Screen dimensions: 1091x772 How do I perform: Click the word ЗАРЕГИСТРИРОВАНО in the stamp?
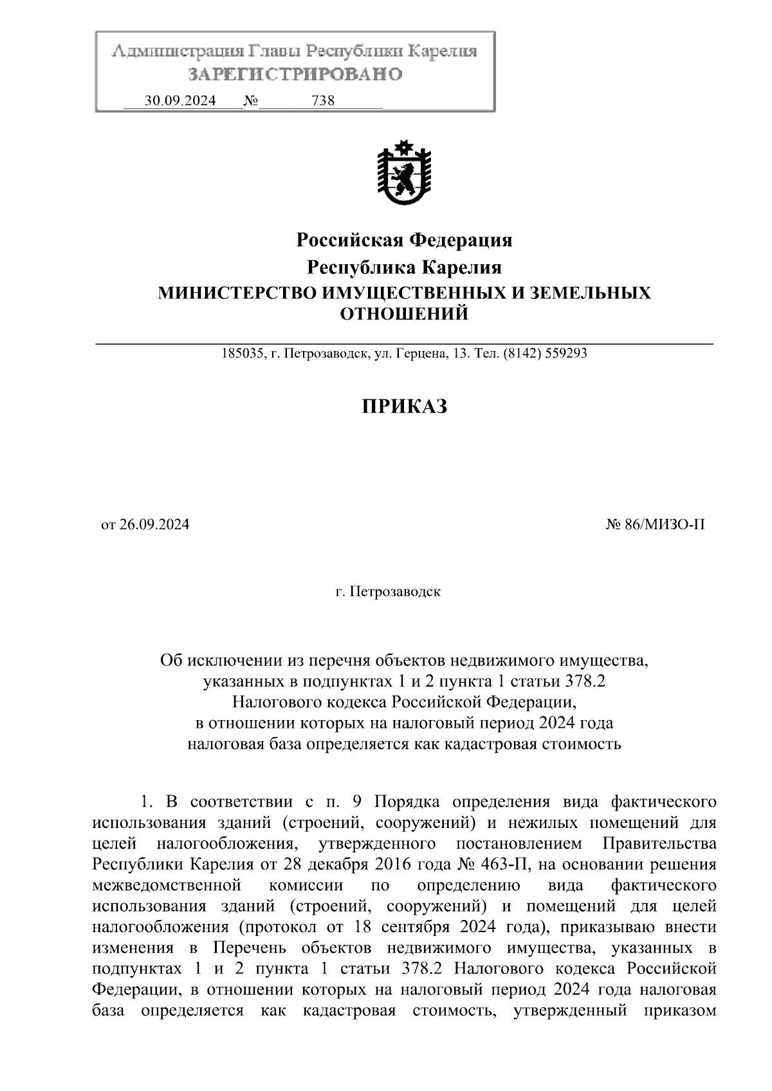[x=295, y=75]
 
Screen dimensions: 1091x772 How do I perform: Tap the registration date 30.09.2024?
[x=180, y=101]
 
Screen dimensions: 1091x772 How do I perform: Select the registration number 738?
[x=323, y=101]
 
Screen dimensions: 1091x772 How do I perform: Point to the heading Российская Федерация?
[x=404, y=240]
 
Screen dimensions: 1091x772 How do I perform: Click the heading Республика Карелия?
[x=404, y=267]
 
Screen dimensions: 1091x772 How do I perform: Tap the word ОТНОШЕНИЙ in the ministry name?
[x=404, y=314]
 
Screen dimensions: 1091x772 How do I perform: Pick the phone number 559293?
[x=565, y=354]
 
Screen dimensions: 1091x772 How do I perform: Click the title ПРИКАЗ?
[x=404, y=406]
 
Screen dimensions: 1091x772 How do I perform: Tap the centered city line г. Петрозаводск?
[x=388, y=591]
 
